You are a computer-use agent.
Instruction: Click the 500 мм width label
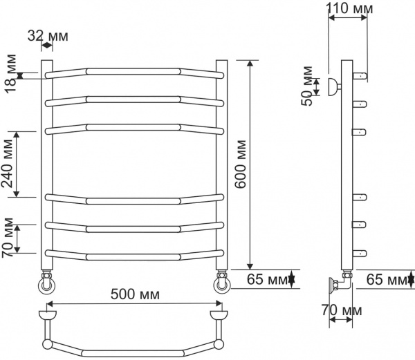[x=135, y=294]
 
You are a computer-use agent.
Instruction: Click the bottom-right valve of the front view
[x=222, y=283]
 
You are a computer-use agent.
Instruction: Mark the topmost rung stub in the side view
[x=359, y=75]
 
